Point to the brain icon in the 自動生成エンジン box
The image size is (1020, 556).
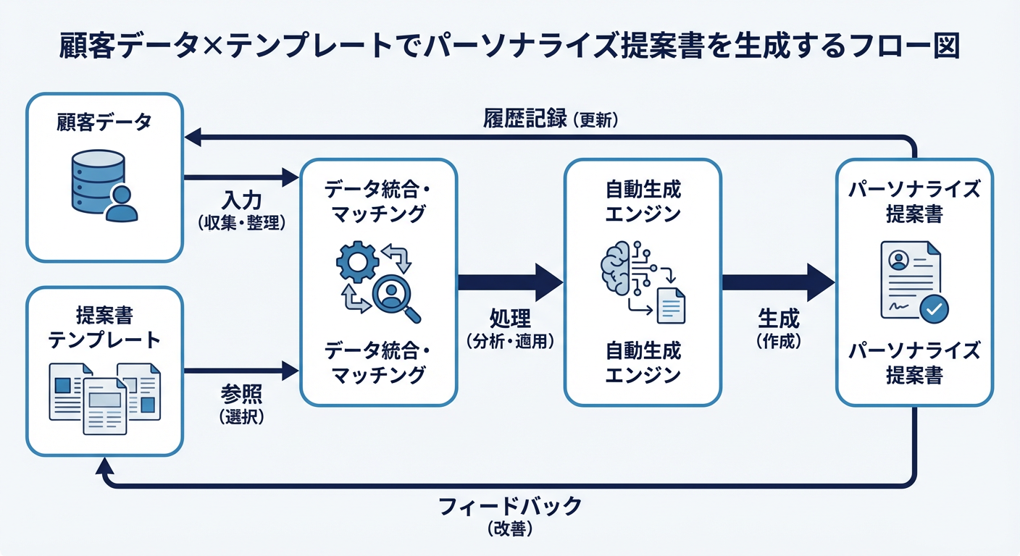click(618, 269)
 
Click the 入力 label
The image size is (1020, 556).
click(241, 200)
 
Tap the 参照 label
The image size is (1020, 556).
click(241, 395)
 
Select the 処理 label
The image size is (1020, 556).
click(510, 319)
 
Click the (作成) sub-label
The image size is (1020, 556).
click(779, 342)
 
